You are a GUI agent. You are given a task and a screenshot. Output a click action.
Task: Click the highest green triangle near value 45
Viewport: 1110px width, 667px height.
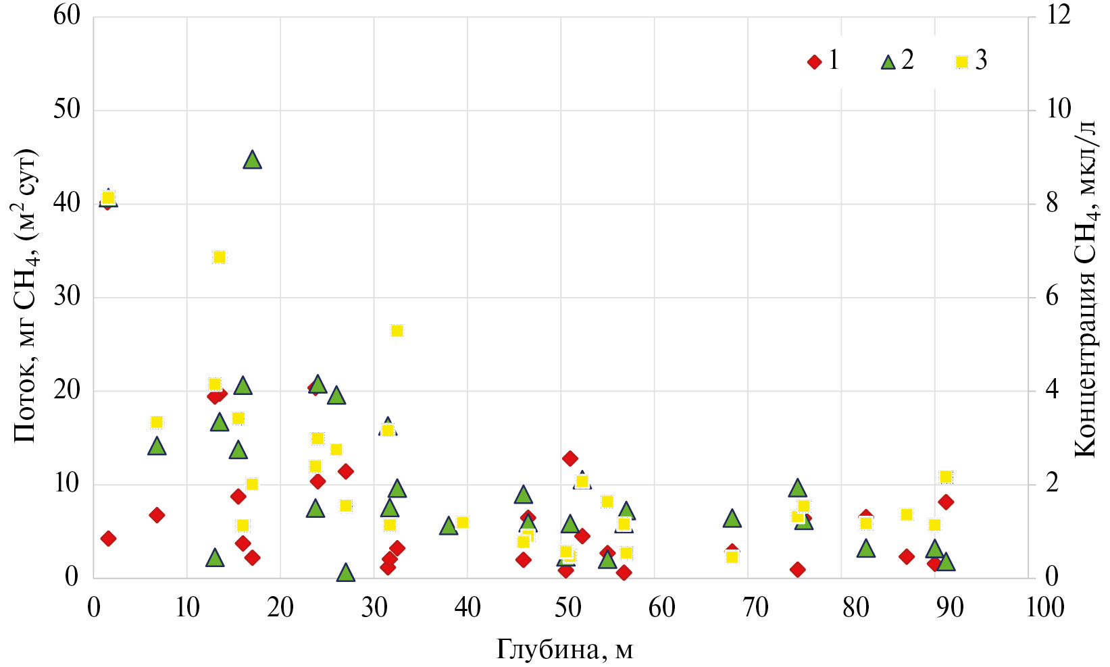[252, 160]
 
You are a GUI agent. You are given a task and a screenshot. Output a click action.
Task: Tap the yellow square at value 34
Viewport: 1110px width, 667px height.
[219, 257]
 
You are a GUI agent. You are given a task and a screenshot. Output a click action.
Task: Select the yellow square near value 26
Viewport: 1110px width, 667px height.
[397, 330]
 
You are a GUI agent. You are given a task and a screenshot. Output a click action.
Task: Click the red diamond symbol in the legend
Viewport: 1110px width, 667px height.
[814, 62]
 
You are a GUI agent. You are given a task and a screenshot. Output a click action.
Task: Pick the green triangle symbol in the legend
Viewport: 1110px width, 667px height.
[888, 62]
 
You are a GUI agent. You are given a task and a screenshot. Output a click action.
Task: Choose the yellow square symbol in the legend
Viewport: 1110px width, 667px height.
[961, 62]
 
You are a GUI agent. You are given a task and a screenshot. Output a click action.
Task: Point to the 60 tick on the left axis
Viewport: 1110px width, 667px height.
[67, 16]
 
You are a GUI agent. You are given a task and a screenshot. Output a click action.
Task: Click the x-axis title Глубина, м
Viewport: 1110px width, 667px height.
[565, 649]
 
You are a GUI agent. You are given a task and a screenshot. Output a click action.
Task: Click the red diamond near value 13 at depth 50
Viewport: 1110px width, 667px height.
[570, 458]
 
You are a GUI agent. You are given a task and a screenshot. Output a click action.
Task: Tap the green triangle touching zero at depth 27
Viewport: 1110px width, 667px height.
[346, 572]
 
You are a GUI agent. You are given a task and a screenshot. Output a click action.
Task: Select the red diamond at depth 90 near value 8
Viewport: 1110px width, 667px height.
[946, 502]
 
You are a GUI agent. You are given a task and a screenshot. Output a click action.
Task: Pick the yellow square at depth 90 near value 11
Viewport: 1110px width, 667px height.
[946, 477]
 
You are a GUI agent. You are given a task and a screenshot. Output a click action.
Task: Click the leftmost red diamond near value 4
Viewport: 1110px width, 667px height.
[108, 538]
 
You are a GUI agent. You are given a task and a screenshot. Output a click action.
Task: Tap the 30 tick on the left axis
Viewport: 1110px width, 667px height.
[67, 296]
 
